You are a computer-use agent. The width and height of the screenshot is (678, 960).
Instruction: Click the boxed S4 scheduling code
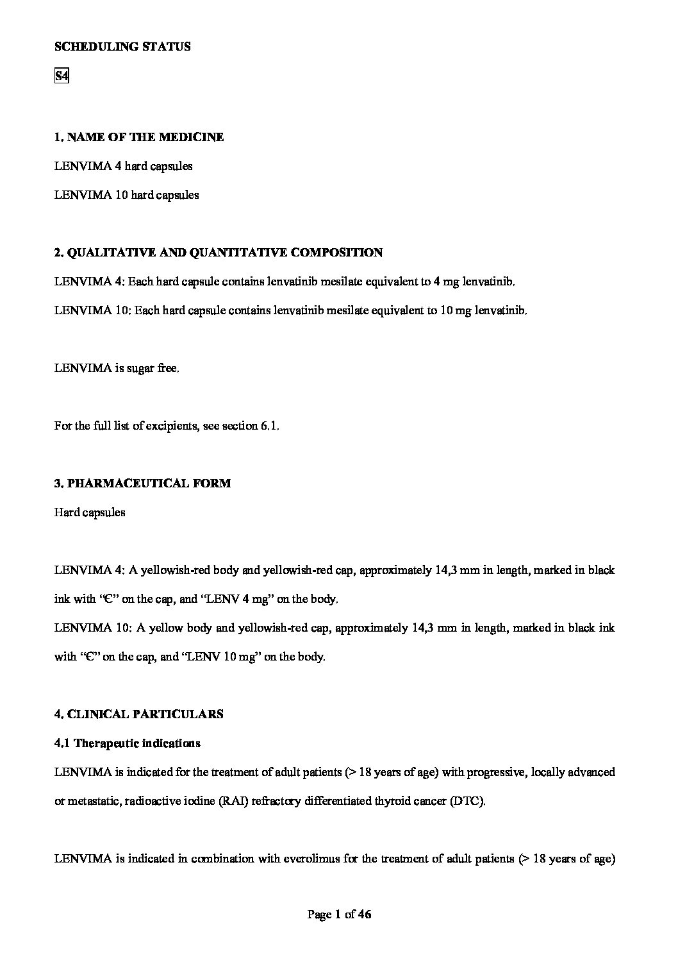62,76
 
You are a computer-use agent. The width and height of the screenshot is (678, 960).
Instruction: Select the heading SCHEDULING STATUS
122,47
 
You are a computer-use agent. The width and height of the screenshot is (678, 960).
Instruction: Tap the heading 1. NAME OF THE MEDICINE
139,137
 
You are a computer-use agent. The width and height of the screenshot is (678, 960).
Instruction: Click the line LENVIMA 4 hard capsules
124,166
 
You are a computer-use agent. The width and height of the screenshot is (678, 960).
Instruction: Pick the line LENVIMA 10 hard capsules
127,195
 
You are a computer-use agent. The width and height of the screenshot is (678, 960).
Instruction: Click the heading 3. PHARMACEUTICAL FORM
142,484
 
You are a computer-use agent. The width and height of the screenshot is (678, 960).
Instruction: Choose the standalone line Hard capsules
90,512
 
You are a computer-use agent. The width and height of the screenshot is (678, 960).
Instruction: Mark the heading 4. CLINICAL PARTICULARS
139,714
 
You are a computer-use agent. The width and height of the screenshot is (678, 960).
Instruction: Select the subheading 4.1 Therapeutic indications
128,743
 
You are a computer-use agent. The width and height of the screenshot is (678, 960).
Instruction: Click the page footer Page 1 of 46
339,915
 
